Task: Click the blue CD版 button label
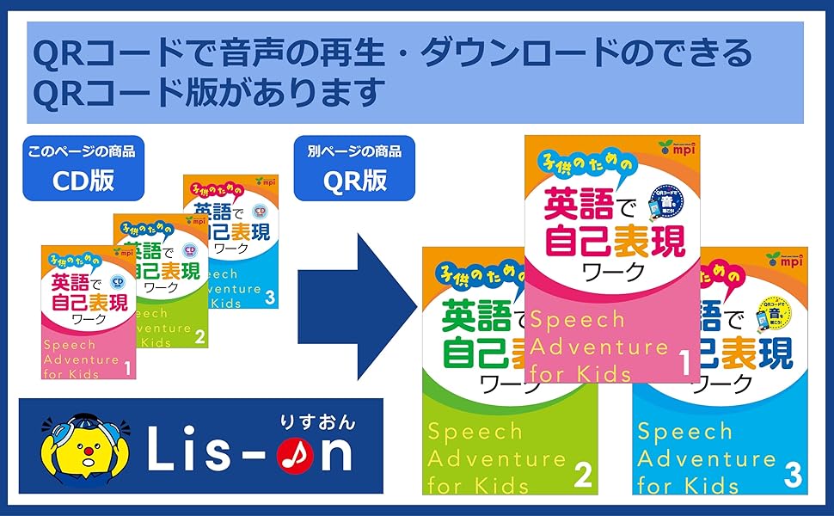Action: click(x=84, y=181)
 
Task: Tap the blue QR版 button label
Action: click(x=354, y=181)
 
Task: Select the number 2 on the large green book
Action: click(x=584, y=475)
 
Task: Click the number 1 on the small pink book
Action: click(x=126, y=370)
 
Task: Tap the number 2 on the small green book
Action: click(x=199, y=337)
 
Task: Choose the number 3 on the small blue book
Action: click(x=270, y=298)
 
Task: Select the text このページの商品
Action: click(x=84, y=152)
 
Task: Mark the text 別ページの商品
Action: click(x=354, y=152)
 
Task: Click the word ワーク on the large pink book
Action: click(x=611, y=270)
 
